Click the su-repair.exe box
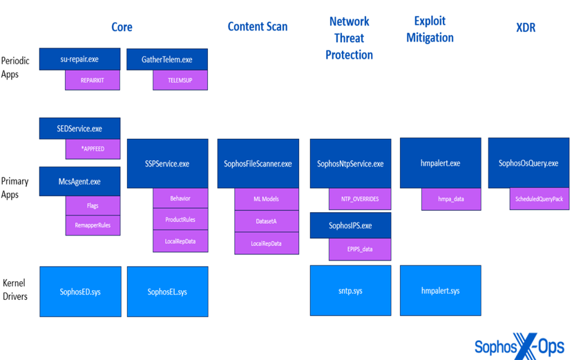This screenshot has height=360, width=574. click(79, 59)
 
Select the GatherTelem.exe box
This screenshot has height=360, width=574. click(167, 59)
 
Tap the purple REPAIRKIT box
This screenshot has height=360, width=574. click(93, 80)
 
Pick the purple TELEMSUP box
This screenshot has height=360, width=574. click(180, 80)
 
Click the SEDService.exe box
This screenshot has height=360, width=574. click(79, 129)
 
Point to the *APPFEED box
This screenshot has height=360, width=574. click(93, 149)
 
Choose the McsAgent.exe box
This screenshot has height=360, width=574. click(79, 181)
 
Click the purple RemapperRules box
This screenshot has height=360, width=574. click(93, 225)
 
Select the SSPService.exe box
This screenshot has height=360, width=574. click(167, 164)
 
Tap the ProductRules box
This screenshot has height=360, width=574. click(180, 220)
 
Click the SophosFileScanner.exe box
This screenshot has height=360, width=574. click(258, 164)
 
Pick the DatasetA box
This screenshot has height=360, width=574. click(267, 221)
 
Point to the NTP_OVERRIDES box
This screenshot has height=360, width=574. click(360, 199)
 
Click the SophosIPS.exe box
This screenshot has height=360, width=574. click(350, 225)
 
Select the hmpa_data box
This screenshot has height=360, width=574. click(451, 199)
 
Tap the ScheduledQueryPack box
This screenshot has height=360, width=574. click(539, 199)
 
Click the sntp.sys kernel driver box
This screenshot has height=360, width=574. click(350, 291)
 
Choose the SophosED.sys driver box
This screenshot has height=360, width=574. click(79, 292)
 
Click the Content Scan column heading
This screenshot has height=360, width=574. click(258, 27)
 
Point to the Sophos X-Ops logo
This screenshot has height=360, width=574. click(519, 346)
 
